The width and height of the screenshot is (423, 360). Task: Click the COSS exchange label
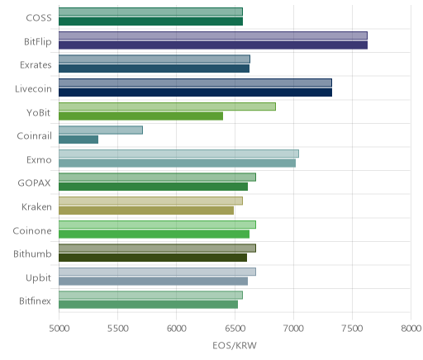39,18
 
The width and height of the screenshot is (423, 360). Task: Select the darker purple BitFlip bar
213,45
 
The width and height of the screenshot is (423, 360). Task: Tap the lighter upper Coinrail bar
101,130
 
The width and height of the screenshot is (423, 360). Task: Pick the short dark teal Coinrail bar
78,140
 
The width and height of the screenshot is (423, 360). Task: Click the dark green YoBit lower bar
140,116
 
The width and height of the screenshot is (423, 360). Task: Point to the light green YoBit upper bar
167,107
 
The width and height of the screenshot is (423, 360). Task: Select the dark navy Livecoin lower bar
195,92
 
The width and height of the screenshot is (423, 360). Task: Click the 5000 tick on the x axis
59,329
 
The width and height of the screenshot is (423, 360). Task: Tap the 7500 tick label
352,329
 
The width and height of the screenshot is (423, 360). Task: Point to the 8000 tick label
411,329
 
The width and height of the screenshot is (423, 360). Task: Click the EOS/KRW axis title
235,345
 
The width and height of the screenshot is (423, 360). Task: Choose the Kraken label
36,206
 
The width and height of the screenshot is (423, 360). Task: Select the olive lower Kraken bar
146,211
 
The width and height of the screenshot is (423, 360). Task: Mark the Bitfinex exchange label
35,301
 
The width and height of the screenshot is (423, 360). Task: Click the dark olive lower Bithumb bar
153,258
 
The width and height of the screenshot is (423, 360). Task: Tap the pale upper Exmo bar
178,154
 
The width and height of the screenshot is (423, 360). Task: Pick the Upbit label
38,277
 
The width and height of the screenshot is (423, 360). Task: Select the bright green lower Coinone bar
154,234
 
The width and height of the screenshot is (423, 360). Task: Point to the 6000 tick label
176,329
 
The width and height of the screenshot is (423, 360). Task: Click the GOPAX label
34,183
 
